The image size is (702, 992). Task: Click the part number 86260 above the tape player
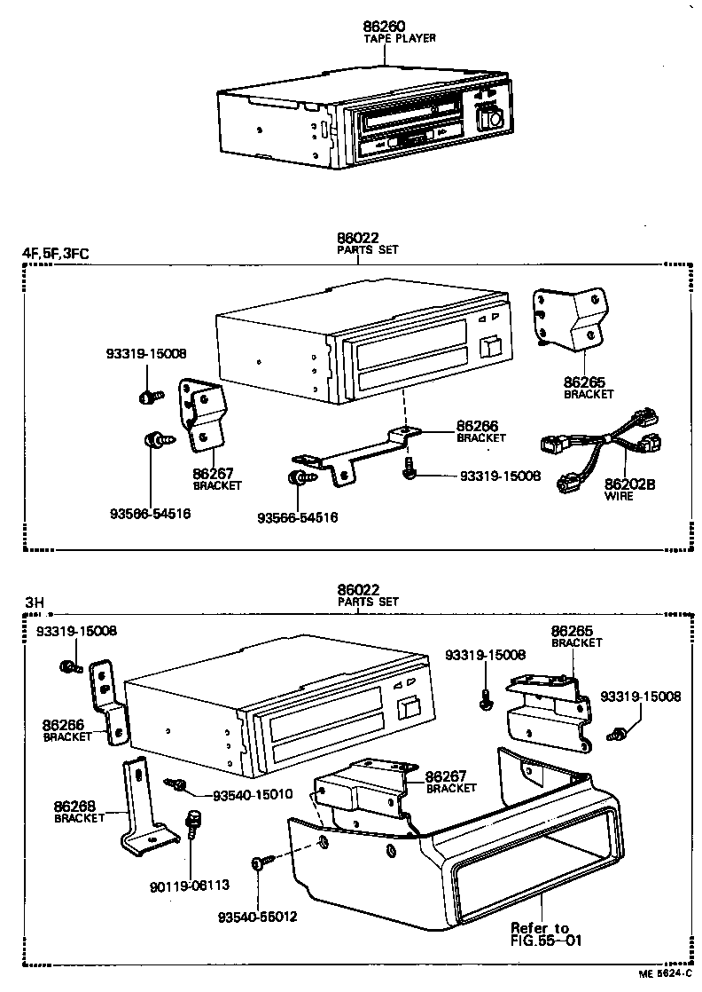pyautogui.click(x=384, y=27)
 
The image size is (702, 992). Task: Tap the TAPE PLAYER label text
pyautogui.click(x=400, y=38)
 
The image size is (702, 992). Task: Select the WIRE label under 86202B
pyautogui.click(x=619, y=496)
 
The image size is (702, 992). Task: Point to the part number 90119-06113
pyautogui.click(x=190, y=887)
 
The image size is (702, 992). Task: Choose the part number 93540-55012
pyautogui.click(x=257, y=917)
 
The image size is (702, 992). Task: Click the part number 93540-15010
pyautogui.click(x=253, y=795)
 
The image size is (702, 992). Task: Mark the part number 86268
pyautogui.click(x=74, y=806)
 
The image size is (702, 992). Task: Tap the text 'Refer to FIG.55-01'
pyautogui.click(x=545, y=933)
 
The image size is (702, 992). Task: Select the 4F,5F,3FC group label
pyautogui.click(x=56, y=254)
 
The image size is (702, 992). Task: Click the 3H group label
pyautogui.click(x=35, y=602)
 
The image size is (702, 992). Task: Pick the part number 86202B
pyautogui.click(x=629, y=484)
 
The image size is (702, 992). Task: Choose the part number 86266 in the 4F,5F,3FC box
pyautogui.click(x=477, y=426)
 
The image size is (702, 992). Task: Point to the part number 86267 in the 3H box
pyautogui.click(x=446, y=776)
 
